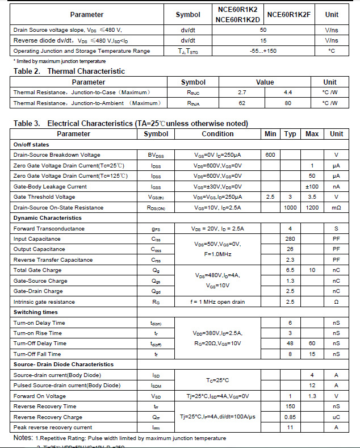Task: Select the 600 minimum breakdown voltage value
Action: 270,155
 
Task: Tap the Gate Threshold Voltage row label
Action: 44,197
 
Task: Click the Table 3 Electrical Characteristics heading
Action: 131,123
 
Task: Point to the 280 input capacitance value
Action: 290,239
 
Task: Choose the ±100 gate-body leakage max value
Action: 312,186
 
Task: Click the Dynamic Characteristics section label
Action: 47,218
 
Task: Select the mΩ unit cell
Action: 336,208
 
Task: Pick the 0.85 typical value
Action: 290,417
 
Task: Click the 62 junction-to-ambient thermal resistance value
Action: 242,103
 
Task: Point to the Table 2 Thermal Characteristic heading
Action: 69,71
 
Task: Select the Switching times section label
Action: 36,312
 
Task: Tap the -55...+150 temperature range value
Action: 263,51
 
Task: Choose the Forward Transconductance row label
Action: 49,228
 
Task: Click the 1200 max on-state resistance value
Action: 312,208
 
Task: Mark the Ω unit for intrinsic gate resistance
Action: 336,302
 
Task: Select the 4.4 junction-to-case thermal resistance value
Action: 287,92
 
